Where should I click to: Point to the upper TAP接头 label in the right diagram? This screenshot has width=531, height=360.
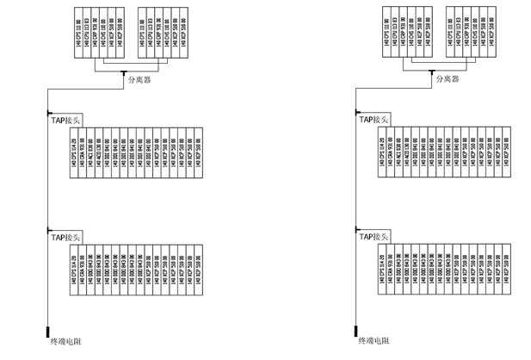pos(375,121)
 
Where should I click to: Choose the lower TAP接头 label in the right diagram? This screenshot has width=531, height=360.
pos(375,236)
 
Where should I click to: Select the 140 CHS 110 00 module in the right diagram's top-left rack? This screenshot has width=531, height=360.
pos(404,34)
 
